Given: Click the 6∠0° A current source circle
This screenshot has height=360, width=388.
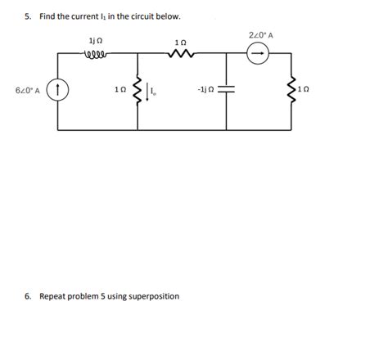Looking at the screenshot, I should pos(58,89).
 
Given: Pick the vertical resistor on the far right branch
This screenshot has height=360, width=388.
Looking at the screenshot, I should pos(291,89).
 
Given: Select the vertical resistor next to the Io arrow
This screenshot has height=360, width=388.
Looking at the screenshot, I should pos(138,89).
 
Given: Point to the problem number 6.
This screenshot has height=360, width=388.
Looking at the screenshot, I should pos(27,295).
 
